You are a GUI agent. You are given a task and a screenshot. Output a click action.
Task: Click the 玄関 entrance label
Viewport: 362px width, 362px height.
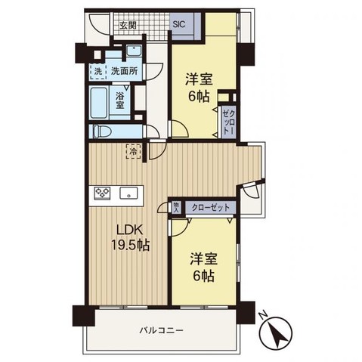coord(128,26)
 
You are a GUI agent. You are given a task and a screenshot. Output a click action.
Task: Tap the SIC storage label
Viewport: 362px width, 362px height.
coord(179,24)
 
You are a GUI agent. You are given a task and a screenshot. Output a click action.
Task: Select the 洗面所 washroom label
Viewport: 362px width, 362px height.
coord(123,72)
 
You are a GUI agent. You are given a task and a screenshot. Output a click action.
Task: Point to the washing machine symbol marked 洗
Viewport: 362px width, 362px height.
coord(97,72)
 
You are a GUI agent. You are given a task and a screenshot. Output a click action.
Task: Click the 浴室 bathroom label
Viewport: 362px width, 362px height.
coord(120,101)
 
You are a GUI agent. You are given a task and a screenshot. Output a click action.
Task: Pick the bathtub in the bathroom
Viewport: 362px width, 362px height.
coord(100,102)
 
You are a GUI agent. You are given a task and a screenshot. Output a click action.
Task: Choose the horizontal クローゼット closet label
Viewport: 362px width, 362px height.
coord(207,206)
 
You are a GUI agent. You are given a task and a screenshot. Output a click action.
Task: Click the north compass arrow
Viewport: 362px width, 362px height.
coord(280,333)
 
